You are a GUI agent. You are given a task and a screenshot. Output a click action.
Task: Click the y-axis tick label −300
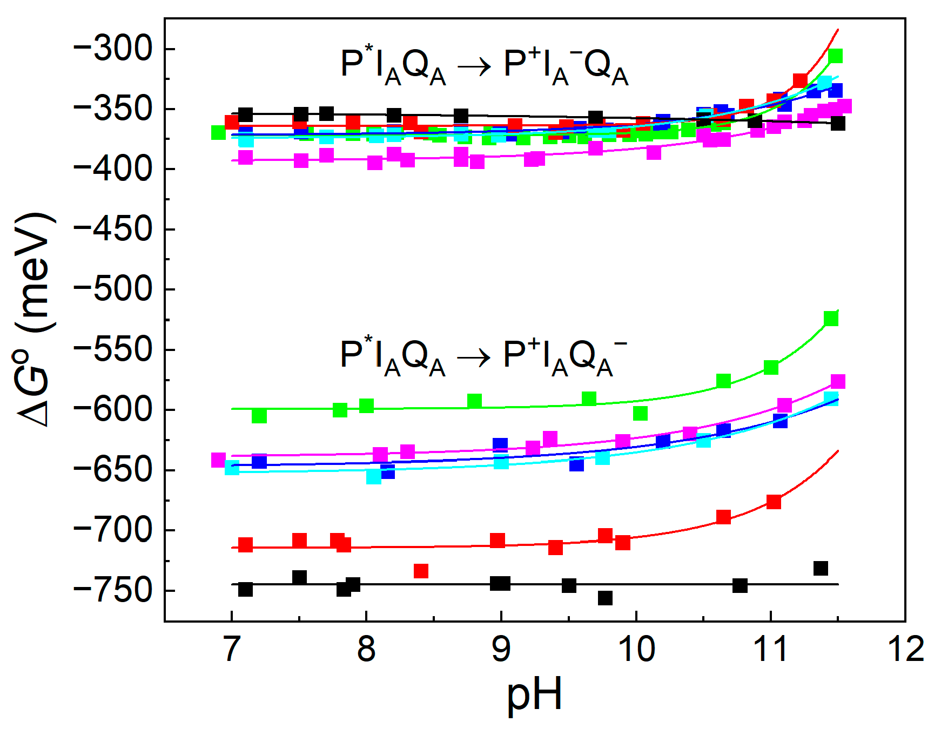pos(113,49)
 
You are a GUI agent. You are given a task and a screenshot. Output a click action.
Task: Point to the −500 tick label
pos(113,289)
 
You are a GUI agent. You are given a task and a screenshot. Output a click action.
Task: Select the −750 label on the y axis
pos(113,590)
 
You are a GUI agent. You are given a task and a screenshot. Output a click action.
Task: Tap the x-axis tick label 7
pos(231,649)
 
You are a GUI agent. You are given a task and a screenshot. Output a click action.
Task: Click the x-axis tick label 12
pos(905,649)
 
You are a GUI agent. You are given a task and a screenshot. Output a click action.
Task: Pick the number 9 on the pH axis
pos(501,649)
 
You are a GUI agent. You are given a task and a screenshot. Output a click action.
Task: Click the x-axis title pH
pos(534,696)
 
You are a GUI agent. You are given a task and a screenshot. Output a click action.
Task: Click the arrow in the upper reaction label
pos(474,67)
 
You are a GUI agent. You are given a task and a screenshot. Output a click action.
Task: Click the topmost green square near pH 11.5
pos(835,56)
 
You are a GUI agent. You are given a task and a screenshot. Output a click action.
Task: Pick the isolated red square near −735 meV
pos(421,571)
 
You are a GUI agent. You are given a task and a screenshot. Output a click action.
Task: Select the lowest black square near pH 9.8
pos(605,598)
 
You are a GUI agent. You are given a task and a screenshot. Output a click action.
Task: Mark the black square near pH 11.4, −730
pos(821,568)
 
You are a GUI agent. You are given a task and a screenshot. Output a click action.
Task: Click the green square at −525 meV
pos(831,319)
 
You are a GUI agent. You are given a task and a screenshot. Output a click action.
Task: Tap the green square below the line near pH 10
pos(640,413)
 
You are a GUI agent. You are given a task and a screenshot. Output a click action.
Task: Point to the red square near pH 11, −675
pos(774,502)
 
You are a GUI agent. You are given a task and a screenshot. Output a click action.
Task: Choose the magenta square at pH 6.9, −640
pos(218,460)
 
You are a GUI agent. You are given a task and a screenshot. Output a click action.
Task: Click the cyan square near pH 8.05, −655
pos(374,477)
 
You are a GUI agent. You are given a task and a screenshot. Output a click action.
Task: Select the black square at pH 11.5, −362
pos(838,124)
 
